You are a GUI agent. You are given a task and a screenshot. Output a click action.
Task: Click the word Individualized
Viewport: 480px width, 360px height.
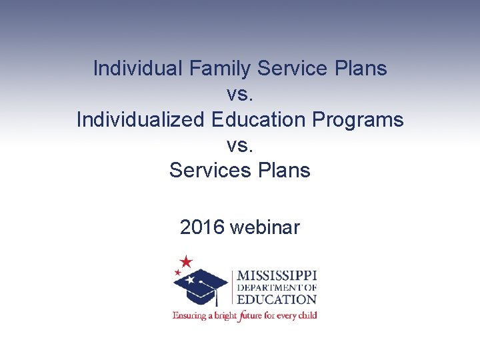point(141,119)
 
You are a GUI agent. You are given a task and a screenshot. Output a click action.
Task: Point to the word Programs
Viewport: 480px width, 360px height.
point(359,119)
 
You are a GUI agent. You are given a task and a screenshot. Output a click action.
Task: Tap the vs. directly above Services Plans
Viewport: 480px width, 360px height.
point(240,145)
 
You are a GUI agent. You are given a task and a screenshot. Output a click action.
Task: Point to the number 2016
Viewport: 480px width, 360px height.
point(202,227)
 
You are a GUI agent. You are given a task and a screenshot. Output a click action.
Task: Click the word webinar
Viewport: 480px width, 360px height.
point(265,227)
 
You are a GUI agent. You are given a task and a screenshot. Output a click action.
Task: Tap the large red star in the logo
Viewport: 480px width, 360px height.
point(186,261)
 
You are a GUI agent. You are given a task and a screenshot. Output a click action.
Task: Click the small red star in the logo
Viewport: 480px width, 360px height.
point(177,272)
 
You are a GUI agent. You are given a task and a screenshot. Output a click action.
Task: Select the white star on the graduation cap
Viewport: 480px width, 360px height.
point(191,280)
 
